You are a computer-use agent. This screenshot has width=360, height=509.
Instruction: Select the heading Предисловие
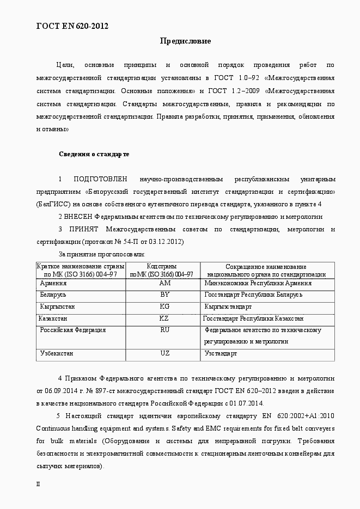pyautogui.click(x=185, y=41)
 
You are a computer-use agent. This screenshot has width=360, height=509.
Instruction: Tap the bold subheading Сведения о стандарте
pyautogui.click(x=94, y=154)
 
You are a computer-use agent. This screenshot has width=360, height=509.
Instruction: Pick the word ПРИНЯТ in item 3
pyautogui.click(x=83, y=229)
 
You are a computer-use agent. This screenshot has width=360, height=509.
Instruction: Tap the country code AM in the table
pyautogui.click(x=164, y=283)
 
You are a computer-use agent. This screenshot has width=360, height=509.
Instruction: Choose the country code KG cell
pyautogui.click(x=164, y=306)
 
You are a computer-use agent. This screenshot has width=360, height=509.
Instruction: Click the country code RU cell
pyautogui.click(x=164, y=330)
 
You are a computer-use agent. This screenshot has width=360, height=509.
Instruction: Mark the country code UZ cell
pyautogui.click(x=164, y=353)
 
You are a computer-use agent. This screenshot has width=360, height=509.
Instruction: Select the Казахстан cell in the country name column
pyautogui.click(x=53, y=318)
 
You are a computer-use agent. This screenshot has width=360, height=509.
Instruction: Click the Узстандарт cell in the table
pyautogui.click(x=221, y=353)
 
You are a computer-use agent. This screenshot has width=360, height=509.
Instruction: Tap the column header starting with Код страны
pyautogui.click(x=162, y=271)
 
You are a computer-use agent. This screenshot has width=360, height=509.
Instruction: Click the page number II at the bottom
pyautogui.click(x=38, y=484)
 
